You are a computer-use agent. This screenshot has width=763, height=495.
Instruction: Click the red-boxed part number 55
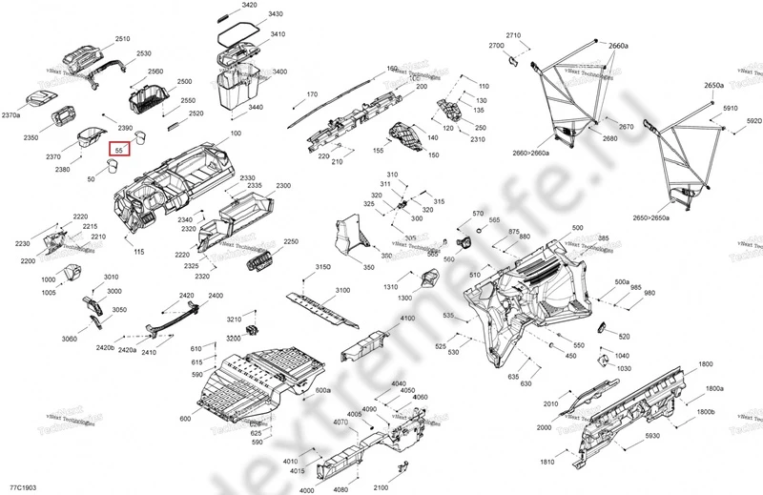click(118, 151)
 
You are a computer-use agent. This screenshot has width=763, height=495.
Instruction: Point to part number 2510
click(123, 39)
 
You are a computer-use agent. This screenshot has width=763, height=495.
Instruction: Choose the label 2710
click(514, 35)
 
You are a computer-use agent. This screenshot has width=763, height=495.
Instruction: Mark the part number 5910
click(731, 109)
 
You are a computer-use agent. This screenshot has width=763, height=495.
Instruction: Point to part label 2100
click(381, 487)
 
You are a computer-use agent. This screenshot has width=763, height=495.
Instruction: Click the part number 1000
click(49, 279)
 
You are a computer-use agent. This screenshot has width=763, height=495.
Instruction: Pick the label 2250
click(291, 242)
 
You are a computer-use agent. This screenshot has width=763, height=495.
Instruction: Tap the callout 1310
click(390, 287)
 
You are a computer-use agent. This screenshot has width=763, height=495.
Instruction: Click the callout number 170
click(311, 94)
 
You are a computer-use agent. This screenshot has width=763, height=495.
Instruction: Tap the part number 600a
click(322, 391)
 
